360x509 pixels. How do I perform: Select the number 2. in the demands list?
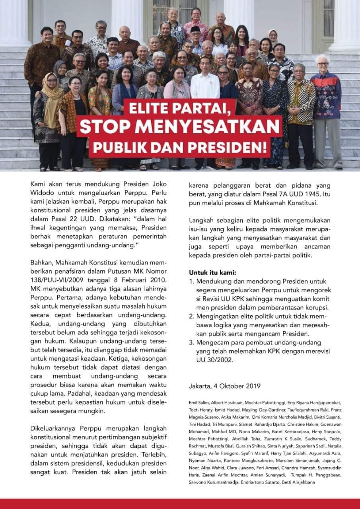(191, 317)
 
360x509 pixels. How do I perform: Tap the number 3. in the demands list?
(191, 342)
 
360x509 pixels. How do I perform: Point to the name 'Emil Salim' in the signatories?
(198, 402)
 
